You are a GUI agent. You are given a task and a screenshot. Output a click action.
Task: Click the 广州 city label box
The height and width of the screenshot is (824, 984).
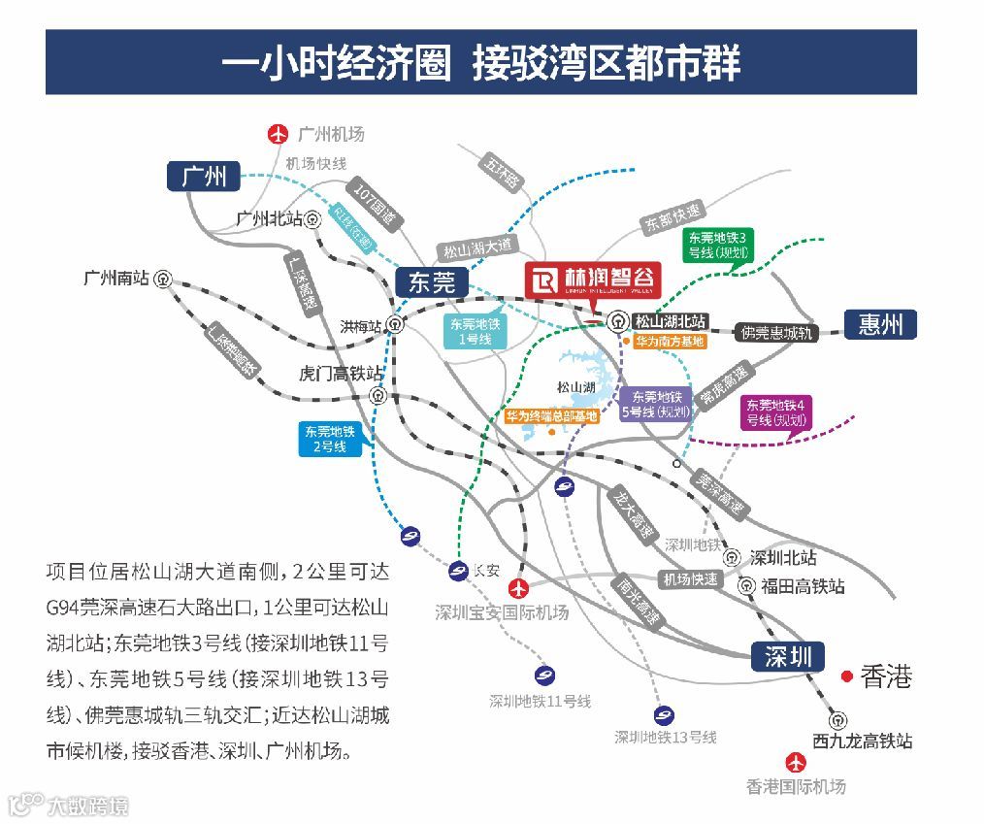[x=204, y=175]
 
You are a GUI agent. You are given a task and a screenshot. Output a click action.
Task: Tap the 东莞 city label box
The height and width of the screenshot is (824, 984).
[x=432, y=282]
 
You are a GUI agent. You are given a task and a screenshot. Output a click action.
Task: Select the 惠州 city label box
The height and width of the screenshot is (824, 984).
[x=880, y=324]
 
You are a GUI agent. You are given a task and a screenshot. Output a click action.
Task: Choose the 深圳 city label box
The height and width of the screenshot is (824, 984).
[x=787, y=657]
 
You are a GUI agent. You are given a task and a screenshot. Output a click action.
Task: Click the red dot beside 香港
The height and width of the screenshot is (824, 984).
[x=847, y=676]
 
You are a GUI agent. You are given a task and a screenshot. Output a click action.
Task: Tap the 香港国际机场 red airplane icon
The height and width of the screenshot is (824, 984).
[x=796, y=763]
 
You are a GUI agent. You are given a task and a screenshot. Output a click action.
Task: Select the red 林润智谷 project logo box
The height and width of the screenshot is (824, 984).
[x=592, y=280]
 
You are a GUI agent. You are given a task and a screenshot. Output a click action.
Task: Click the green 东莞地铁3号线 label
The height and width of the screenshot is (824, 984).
[x=717, y=246]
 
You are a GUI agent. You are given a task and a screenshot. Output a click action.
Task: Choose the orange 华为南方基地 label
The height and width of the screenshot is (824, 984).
[x=669, y=342]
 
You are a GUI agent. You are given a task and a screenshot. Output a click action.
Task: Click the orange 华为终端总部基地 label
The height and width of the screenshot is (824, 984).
[x=551, y=416]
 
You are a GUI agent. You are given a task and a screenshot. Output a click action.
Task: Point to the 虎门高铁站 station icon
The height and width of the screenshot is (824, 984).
[x=377, y=395]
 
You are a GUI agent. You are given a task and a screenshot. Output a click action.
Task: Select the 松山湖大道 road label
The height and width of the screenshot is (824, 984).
[x=477, y=247]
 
